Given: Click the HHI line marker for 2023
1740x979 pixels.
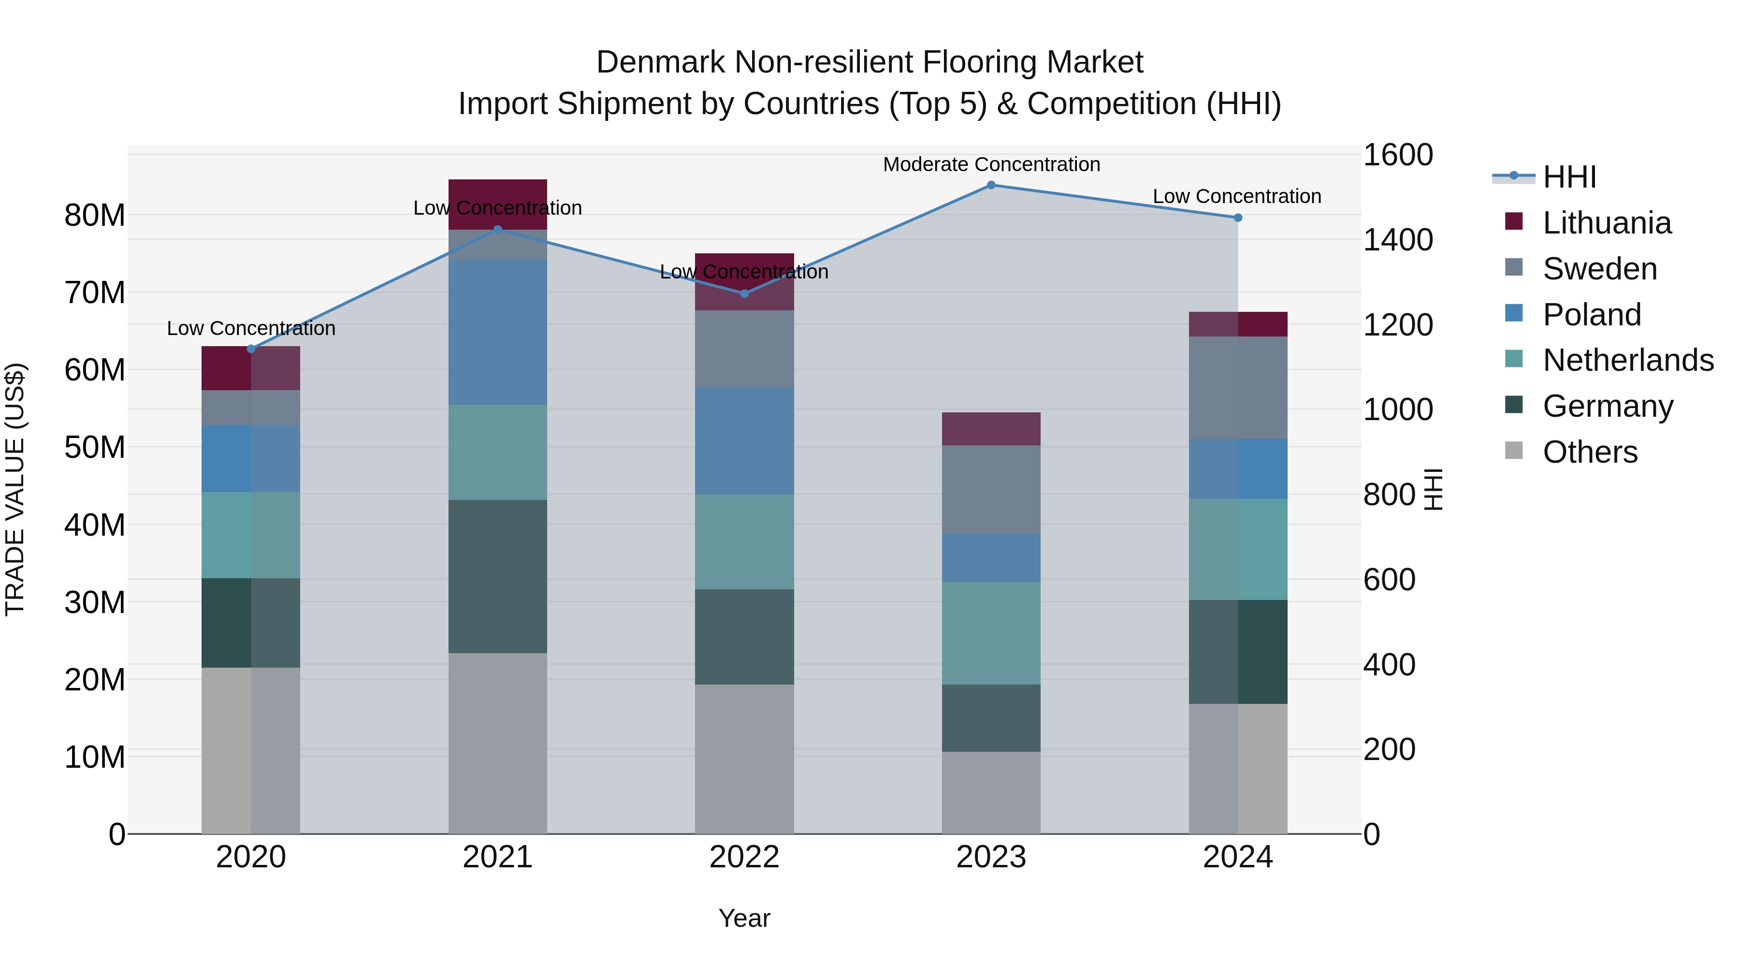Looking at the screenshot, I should [x=991, y=185].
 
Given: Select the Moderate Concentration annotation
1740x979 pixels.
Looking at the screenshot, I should [x=991, y=164].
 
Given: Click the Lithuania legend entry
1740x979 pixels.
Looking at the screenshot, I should [x=1606, y=223].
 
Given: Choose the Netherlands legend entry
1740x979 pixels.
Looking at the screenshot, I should [x=1628, y=360].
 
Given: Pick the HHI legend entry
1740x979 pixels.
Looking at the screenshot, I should [x=1569, y=177].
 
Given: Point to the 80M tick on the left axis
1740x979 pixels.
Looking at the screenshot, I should [x=95, y=216].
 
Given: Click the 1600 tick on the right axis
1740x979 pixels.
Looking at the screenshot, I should [x=1397, y=155].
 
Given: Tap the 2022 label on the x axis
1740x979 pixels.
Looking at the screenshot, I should [x=744, y=857].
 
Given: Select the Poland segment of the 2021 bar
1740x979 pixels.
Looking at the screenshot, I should [x=498, y=332].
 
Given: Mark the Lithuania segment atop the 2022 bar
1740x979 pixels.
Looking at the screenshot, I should [x=744, y=282].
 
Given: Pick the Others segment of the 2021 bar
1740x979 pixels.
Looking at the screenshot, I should [x=498, y=743].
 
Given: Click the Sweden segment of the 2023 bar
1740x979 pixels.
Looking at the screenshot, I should [x=991, y=489].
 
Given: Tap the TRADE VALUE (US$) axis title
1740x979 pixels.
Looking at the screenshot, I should [x=15, y=489].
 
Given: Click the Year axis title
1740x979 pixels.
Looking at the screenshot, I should [x=744, y=918].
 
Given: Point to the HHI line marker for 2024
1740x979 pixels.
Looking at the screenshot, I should [x=1237, y=218].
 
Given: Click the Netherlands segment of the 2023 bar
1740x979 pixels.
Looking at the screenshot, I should [x=991, y=633].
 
